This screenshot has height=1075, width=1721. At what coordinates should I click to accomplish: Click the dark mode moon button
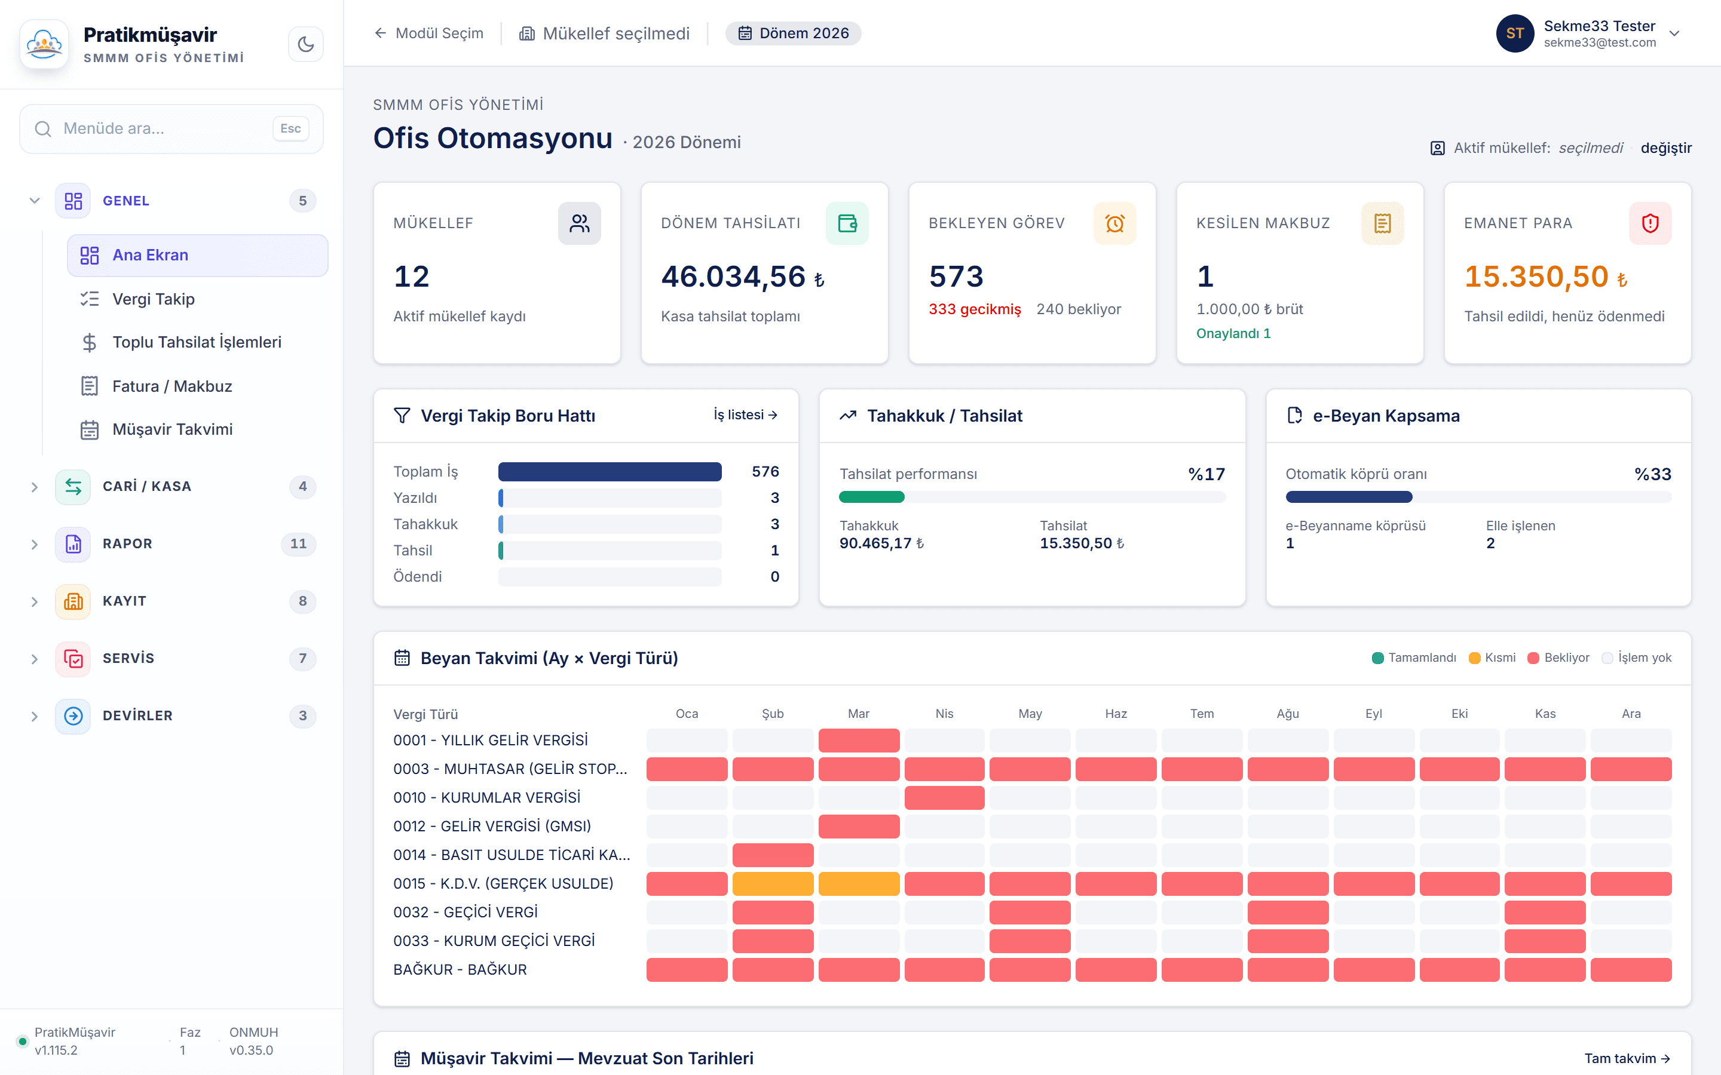pyautogui.click(x=306, y=44)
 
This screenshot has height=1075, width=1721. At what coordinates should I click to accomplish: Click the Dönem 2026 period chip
pyautogui.click(x=793, y=33)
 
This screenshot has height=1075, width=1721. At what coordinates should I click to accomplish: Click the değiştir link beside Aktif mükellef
pyautogui.click(x=1665, y=148)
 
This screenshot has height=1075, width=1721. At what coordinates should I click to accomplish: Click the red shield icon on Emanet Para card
pyautogui.click(x=1650, y=223)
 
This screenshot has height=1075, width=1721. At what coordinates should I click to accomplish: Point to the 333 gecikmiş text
pyautogui.click(x=974, y=309)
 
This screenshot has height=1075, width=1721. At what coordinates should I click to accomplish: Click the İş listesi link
pyautogui.click(x=745, y=415)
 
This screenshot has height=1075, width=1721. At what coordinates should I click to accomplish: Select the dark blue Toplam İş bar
pyautogui.click(x=610, y=472)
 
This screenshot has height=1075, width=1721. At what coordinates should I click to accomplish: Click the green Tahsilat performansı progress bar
pyautogui.click(x=871, y=497)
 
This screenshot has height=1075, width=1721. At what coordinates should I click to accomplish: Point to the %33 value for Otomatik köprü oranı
pyautogui.click(x=1653, y=474)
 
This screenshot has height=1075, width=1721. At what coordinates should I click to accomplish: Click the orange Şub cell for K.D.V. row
pyautogui.click(x=773, y=884)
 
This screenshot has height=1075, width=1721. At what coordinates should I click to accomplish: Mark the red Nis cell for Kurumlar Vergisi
pyautogui.click(x=944, y=798)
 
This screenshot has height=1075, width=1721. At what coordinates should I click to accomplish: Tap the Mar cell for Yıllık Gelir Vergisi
pyautogui.click(x=859, y=741)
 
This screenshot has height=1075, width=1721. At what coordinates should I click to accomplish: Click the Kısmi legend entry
pyautogui.click(x=1492, y=658)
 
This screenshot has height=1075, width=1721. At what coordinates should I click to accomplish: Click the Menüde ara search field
pyautogui.click(x=172, y=128)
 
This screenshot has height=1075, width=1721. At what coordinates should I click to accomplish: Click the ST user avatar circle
pyautogui.click(x=1515, y=33)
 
